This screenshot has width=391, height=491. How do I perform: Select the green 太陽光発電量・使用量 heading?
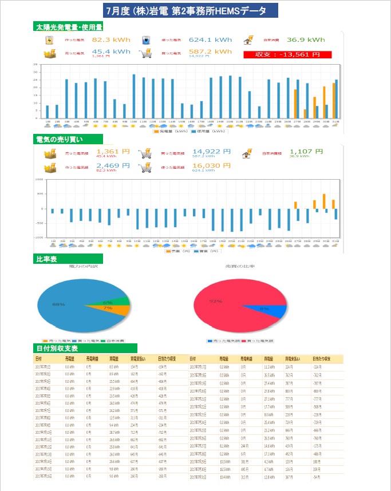(x=69, y=27)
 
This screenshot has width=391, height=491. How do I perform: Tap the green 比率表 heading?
(x=46, y=259)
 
